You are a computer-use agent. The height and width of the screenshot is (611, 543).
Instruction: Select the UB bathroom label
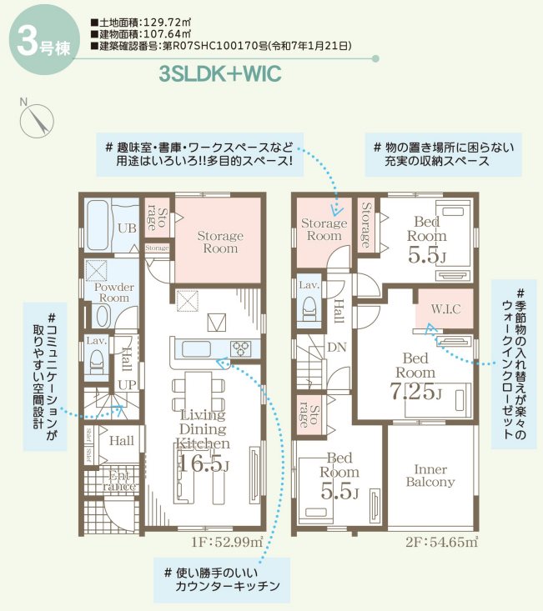click(x=127, y=228)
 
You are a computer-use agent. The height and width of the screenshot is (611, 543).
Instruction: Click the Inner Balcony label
click(x=430, y=476)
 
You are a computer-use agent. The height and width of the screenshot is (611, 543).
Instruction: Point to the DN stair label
click(x=338, y=347)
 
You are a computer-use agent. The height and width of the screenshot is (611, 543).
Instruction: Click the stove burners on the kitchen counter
click(x=240, y=348)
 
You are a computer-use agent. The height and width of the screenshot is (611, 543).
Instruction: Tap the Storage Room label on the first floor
click(x=219, y=243)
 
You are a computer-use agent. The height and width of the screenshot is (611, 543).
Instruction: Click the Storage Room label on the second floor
click(x=324, y=229)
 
